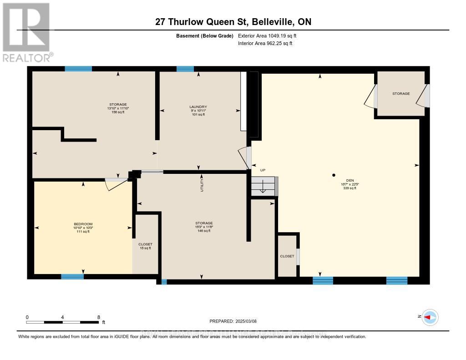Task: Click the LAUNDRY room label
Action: point(198,107)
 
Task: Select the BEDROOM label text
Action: point(83,224)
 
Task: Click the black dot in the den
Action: point(334,175)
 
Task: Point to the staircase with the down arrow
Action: point(263,186)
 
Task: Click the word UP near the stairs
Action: point(263,170)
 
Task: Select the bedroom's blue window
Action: point(72,276)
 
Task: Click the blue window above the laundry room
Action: point(185,69)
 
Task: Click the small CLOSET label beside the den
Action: point(287,256)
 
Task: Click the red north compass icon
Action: point(430,317)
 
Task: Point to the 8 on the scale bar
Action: point(98,317)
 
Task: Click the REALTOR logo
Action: point(26,32)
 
